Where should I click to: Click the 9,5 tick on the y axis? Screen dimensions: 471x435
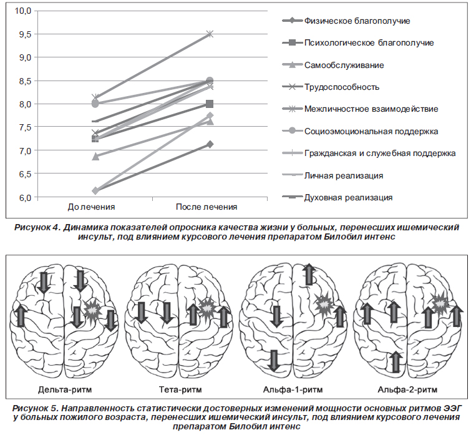(x=26, y=34)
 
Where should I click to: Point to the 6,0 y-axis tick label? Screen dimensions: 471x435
(x=26, y=197)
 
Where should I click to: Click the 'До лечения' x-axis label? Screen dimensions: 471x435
(x=91, y=207)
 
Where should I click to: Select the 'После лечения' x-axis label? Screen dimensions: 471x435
(x=206, y=207)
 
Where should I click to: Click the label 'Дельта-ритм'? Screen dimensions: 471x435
(x=65, y=389)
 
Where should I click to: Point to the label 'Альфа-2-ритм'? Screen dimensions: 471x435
(x=407, y=389)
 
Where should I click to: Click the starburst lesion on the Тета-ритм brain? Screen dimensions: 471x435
(x=207, y=307)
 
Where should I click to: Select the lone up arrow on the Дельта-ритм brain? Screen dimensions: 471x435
(x=20, y=315)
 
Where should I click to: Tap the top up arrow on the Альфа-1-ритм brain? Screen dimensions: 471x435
(x=309, y=274)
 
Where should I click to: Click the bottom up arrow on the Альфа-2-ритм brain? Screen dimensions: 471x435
(x=396, y=362)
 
